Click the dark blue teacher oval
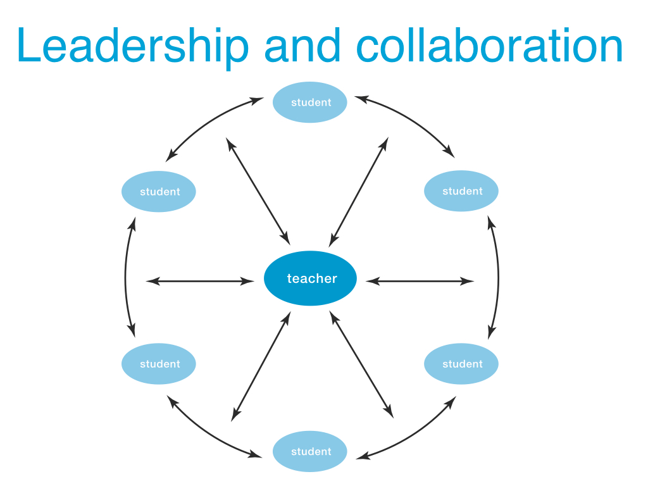[x=310, y=278]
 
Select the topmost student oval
[x=310, y=102]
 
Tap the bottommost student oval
[x=310, y=451]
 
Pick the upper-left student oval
[x=159, y=191]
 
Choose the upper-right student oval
[x=461, y=190]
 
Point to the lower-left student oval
[x=159, y=363]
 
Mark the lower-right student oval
[x=461, y=363]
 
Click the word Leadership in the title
[x=133, y=46]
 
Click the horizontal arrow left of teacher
[x=200, y=281]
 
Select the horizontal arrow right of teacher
[x=420, y=281]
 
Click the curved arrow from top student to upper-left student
[x=209, y=122]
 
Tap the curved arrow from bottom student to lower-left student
[x=209, y=435]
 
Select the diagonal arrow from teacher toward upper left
[x=258, y=191]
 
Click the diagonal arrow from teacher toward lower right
[x=361, y=364]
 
